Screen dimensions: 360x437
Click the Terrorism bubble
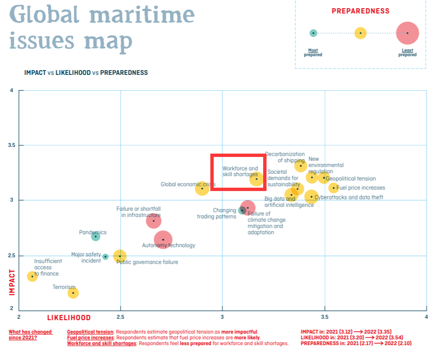(73, 293)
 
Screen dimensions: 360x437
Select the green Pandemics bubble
(96, 236)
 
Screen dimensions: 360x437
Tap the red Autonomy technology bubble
(163, 240)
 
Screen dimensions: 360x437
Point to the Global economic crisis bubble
(202, 189)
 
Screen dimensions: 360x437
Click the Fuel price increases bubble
(334, 188)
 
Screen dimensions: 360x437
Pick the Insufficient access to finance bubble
(32, 276)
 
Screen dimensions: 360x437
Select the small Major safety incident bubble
(106, 257)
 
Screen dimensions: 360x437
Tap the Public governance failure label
(147, 262)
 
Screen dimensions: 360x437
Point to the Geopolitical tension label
(351, 179)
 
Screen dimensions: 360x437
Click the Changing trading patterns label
(217, 213)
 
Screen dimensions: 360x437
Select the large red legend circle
(407, 33)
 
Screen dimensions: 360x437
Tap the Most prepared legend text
(313, 52)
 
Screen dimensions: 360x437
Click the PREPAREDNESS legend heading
(360, 11)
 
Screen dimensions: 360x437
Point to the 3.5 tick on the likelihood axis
(325, 317)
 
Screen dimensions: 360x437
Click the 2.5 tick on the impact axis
(12, 256)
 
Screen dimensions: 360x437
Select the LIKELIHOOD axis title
(69, 318)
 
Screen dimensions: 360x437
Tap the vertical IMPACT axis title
(12, 282)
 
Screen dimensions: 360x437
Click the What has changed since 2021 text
(30, 335)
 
